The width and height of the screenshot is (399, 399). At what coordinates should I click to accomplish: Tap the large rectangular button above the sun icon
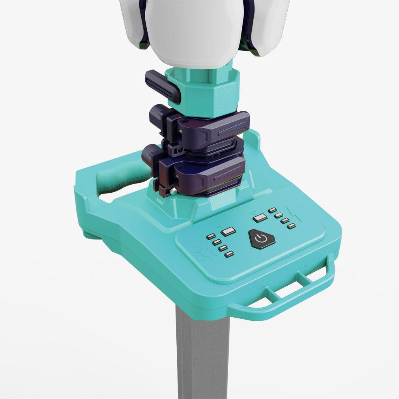[228, 231]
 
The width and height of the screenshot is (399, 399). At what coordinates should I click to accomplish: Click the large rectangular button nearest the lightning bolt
[260, 217]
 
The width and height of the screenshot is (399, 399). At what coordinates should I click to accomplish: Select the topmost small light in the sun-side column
[210, 237]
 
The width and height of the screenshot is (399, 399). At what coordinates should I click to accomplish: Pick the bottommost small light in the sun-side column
[229, 254]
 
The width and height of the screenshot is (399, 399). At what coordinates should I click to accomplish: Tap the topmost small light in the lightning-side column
[273, 210]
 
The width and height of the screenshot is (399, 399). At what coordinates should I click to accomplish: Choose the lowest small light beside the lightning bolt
[292, 226]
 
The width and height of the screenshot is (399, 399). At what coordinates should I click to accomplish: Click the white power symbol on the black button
[261, 239]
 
